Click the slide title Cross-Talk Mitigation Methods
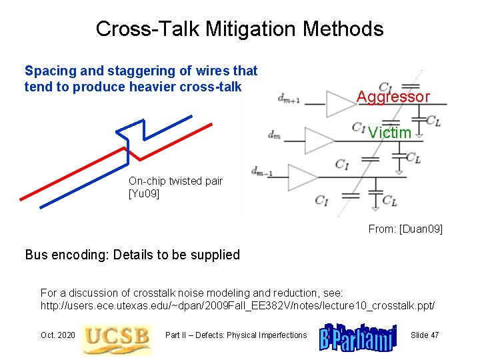pyautogui.click(x=239, y=29)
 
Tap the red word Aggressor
pyautogui.click(x=393, y=97)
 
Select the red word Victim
pyautogui.click(x=389, y=133)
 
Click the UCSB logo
pyautogui.click(x=116, y=335)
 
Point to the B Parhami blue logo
pyautogui.click(x=357, y=335)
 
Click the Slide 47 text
pyautogui.click(x=424, y=335)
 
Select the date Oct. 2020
pyautogui.click(x=58, y=335)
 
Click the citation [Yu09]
pyautogui.click(x=144, y=193)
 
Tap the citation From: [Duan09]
pyautogui.click(x=405, y=229)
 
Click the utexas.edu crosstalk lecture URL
pyautogui.click(x=237, y=305)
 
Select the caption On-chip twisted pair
pyautogui.click(x=175, y=181)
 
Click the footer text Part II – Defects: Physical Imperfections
pyautogui.click(x=236, y=335)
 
